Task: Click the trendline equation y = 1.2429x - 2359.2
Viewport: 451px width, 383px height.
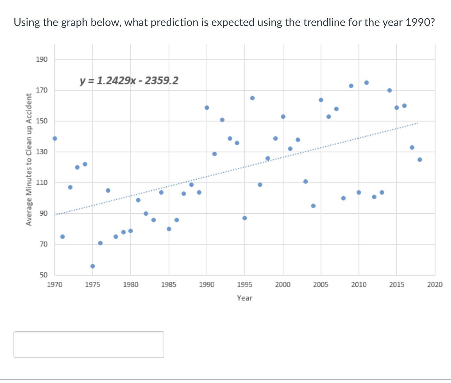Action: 129,81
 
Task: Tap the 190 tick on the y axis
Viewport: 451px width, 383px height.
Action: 42,60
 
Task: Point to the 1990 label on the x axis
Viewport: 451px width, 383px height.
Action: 206,285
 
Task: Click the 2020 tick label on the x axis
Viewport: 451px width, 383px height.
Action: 435,285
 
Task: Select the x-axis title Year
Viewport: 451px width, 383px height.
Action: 244,298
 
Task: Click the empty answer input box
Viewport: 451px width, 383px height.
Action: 89,344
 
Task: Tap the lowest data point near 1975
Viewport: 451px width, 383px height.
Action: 93,266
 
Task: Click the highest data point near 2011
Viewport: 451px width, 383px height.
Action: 367,82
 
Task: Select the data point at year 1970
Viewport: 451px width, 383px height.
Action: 55,138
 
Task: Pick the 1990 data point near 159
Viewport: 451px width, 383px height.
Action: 207,108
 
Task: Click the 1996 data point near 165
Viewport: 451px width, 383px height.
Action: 252,98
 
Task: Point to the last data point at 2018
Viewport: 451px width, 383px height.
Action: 419,160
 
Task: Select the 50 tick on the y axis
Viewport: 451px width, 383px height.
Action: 43,275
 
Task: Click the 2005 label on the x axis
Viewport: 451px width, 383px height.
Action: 320,285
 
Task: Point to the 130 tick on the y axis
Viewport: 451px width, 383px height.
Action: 42,152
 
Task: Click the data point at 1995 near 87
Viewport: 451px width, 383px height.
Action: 245,218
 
